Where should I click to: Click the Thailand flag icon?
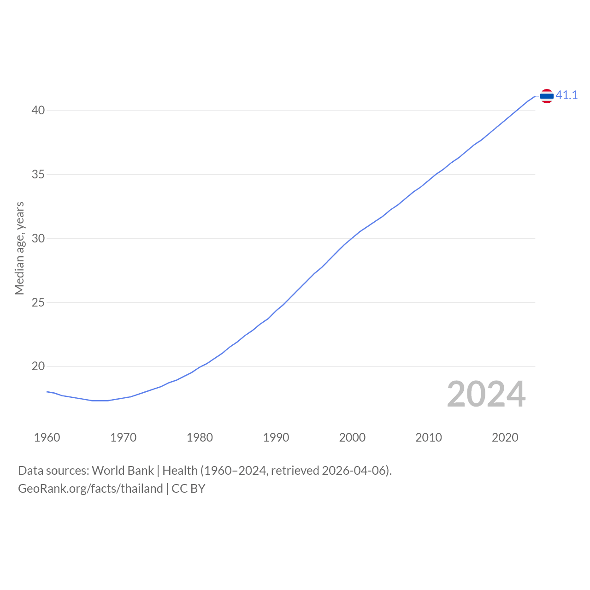(x=547, y=96)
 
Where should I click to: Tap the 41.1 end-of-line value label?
(x=566, y=95)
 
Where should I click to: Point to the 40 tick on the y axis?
(x=38, y=110)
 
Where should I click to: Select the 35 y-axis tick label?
(x=38, y=175)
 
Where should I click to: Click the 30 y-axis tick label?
(x=38, y=238)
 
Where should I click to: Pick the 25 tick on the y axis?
(x=38, y=302)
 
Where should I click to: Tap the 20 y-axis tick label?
(x=38, y=366)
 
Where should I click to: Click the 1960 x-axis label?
(x=47, y=437)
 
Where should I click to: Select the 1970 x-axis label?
(x=124, y=437)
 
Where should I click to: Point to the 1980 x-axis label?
(x=200, y=437)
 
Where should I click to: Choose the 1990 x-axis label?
(x=276, y=437)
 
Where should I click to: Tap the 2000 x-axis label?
(x=353, y=437)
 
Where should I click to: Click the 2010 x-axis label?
(x=429, y=437)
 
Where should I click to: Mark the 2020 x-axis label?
(x=505, y=437)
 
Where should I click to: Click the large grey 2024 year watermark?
(x=486, y=394)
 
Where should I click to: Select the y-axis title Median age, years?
(x=20, y=248)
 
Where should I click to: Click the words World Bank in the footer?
(x=123, y=471)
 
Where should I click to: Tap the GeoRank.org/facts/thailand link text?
(x=90, y=489)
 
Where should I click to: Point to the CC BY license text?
(x=189, y=489)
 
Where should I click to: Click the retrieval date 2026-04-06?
(x=353, y=471)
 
